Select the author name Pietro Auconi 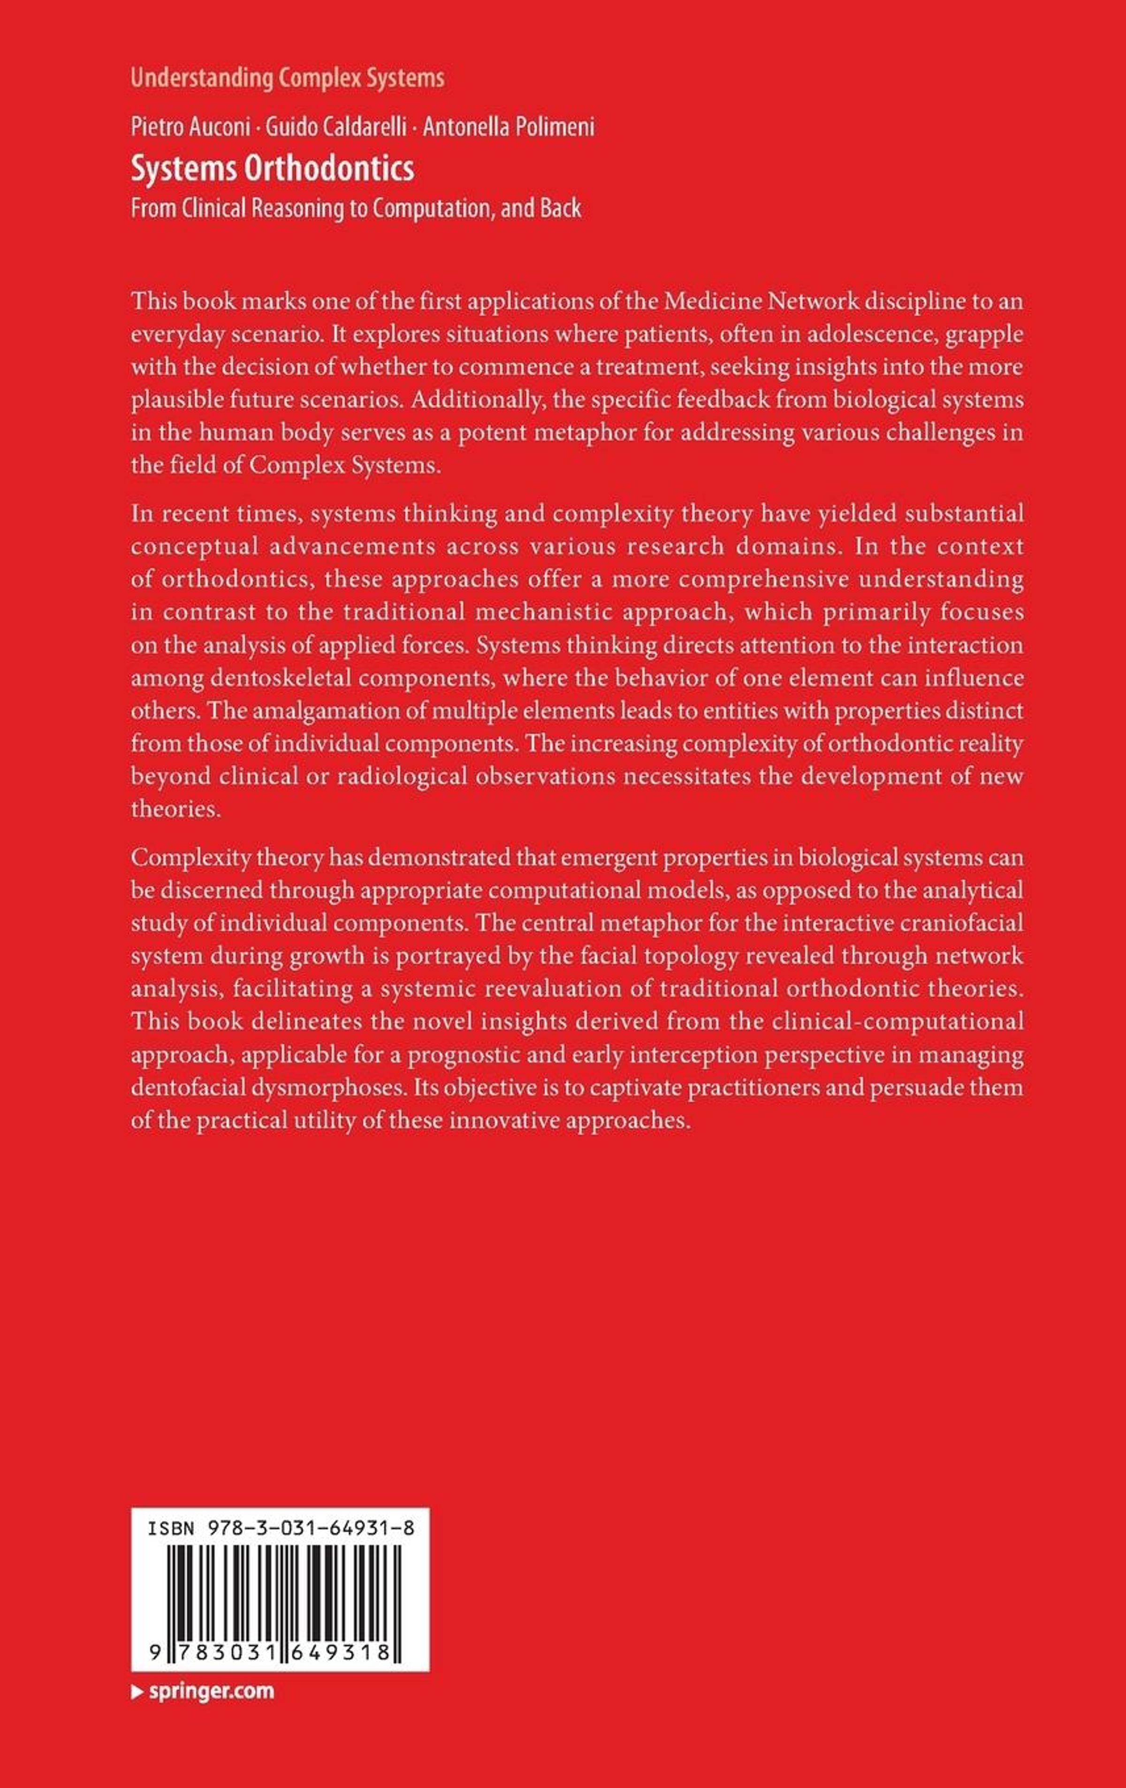click(x=190, y=128)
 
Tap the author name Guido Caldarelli click(x=336, y=128)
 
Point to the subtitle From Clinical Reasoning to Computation click(x=355, y=208)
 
